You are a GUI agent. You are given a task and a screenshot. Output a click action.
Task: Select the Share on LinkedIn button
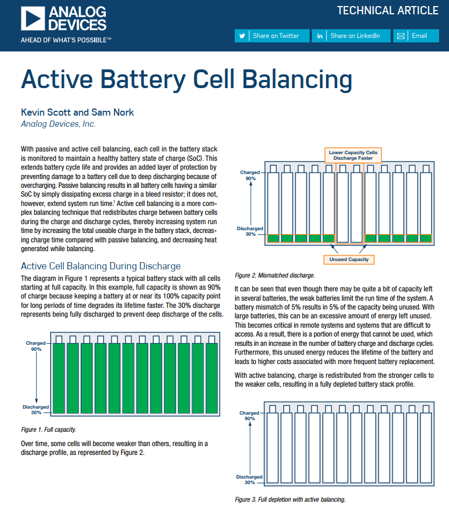click(350, 36)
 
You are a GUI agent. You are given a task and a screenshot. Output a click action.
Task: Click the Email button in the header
click(416, 36)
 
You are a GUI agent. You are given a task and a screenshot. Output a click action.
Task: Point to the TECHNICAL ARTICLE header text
click(387, 10)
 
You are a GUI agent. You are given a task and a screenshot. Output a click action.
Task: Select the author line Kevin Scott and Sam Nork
click(77, 112)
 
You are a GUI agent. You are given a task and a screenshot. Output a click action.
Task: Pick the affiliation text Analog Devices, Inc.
click(58, 124)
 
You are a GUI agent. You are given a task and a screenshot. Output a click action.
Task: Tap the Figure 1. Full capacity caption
click(48, 429)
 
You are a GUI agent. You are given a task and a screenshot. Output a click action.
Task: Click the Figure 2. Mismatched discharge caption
click(274, 275)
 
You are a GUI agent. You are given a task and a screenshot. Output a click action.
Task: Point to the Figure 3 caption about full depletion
click(290, 499)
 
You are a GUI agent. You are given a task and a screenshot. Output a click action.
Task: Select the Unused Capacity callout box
click(349, 259)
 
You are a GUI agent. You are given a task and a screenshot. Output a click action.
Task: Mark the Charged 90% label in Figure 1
click(36, 346)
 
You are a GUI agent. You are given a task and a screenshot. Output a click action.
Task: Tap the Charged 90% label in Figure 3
click(250, 415)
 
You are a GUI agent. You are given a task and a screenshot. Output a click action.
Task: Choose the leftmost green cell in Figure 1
click(58, 377)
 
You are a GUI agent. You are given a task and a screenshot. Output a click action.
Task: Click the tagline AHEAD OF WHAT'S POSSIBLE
click(66, 40)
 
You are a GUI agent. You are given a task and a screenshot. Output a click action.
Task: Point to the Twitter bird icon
click(242, 36)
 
